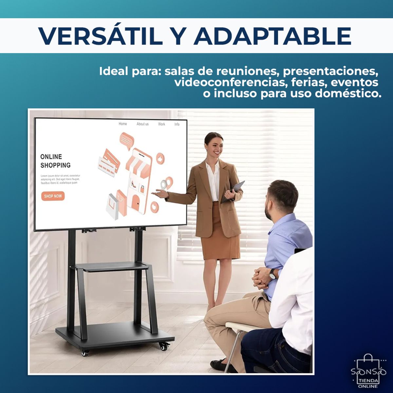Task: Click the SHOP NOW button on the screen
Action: [x=53, y=196]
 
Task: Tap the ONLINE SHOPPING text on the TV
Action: [x=55, y=161]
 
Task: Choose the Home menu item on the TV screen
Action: [x=123, y=124]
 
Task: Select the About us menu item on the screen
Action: [x=142, y=124]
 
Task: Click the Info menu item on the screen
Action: [x=177, y=124]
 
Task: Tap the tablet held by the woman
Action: [x=234, y=191]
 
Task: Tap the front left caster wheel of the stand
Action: [x=85, y=353]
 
